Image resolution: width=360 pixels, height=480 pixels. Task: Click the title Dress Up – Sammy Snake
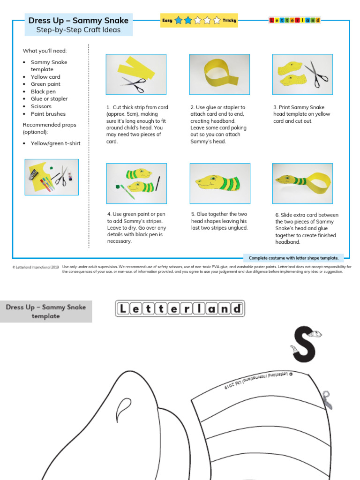coord(78,20)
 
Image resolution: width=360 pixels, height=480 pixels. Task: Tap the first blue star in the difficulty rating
coord(179,20)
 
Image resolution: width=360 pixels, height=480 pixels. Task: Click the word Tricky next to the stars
coord(230,20)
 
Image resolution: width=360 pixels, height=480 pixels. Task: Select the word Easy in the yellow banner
coord(167,20)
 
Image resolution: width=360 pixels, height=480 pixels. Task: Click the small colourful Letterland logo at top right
coord(294,20)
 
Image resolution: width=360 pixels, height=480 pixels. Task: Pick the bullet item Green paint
coord(45,84)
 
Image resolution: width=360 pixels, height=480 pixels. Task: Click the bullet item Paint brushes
coord(48,113)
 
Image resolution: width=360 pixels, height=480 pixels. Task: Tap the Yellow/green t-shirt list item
coord(55,143)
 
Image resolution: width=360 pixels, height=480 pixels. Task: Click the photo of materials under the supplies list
coord(52,177)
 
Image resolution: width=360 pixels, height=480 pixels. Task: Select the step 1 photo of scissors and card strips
coord(136,75)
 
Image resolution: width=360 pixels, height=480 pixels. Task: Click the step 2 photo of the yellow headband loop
coord(219,75)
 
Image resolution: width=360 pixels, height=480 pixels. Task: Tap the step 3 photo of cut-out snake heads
coord(302,75)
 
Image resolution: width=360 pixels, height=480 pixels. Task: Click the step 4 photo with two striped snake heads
coord(136,183)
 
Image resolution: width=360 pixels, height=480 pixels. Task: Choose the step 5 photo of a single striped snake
coord(219,183)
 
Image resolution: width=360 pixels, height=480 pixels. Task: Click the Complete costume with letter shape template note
coord(293,258)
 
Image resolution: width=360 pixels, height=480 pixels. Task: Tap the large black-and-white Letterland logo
coord(180,308)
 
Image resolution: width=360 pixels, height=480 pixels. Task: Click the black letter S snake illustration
coord(305,345)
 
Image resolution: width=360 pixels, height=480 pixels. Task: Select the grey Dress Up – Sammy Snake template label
coord(46,312)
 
